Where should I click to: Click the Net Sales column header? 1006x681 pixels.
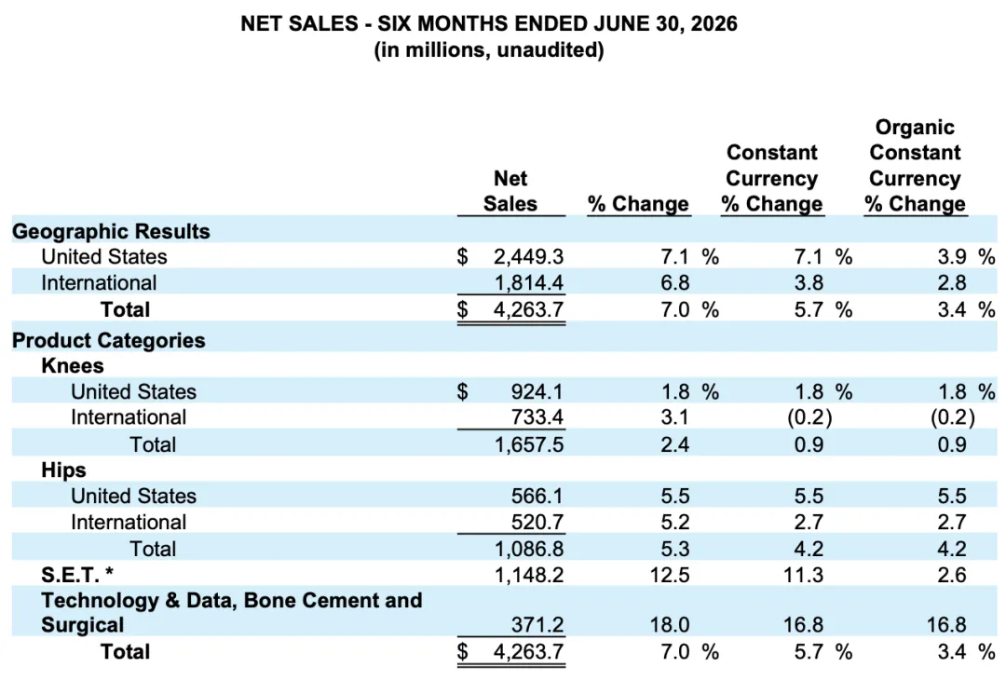[x=510, y=191]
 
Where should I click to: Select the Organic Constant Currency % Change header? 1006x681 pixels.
[x=915, y=165]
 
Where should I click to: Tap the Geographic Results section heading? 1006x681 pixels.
[x=111, y=231]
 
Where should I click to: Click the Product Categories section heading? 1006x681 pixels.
[x=108, y=340]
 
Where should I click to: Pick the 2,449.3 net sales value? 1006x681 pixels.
[x=529, y=257]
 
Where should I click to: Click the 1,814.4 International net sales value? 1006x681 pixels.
[x=529, y=283]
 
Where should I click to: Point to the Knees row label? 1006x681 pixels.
[x=73, y=366]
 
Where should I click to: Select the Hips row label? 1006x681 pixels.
[x=63, y=470]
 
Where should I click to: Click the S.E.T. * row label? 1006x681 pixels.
[x=77, y=575]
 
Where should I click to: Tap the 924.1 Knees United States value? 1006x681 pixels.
[x=537, y=391]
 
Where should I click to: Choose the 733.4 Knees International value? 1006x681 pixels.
[x=537, y=417]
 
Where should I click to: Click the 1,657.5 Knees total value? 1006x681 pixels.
[x=529, y=444]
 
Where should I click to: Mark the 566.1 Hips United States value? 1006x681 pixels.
[x=537, y=497]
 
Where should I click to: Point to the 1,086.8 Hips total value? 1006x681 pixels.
[x=529, y=550]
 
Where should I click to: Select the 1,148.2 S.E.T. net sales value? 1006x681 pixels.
[x=529, y=575]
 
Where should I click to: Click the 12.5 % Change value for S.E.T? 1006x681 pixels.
[x=670, y=575]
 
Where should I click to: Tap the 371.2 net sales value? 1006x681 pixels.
[x=537, y=625]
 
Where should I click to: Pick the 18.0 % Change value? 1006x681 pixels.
[x=670, y=625]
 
